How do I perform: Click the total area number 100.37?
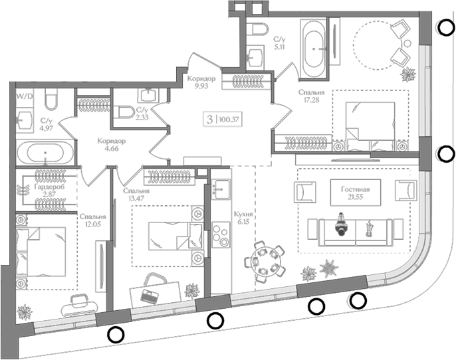click(233, 120)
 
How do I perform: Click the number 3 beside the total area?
click(211, 120)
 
